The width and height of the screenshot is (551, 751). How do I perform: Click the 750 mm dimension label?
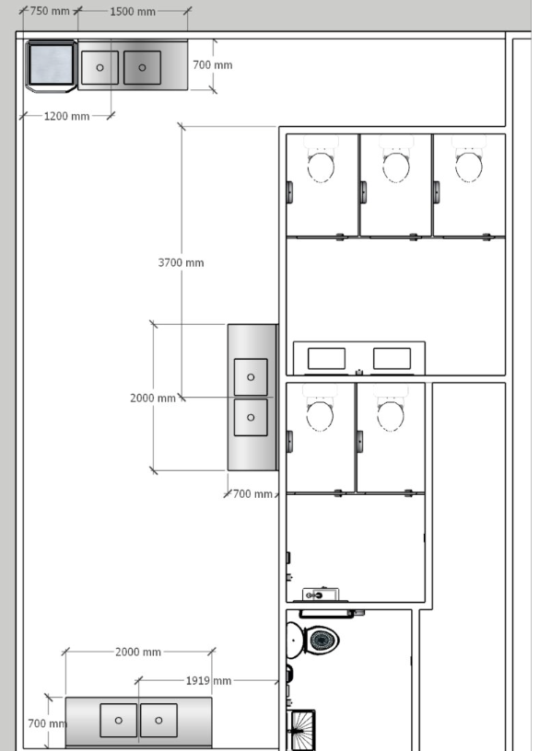click(50, 11)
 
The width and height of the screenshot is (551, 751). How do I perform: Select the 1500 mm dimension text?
click(133, 11)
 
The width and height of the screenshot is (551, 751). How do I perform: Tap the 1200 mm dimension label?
click(66, 116)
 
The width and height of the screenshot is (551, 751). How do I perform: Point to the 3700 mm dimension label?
click(181, 262)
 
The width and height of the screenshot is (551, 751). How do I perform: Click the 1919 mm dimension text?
click(208, 681)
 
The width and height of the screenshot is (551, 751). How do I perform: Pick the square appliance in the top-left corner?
click(52, 65)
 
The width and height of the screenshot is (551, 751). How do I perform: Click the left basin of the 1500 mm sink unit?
click(100, 67)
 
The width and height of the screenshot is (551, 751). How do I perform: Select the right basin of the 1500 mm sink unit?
click(143, 67)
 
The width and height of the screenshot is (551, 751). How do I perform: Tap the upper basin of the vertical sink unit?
click(251, 377)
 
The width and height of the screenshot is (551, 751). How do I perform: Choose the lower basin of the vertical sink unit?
click(251, 418)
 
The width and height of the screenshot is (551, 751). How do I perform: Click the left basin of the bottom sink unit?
click(119, 720)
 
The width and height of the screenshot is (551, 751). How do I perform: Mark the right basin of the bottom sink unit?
click(158, 720)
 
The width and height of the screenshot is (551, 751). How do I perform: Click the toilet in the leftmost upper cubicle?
click(321, 159)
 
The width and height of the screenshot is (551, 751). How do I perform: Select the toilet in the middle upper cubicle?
click(396, 159)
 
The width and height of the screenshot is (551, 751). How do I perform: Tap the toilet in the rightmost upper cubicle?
click(468, 159)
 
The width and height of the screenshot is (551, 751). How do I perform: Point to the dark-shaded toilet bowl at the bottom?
click(322, 640)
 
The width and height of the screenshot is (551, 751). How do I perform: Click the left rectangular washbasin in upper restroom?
click(326, 359)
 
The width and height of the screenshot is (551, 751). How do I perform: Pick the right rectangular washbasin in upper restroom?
click(392, 359)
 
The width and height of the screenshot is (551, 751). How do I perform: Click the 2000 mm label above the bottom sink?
click(138, 652)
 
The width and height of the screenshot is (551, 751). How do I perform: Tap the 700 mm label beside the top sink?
click(213, 65)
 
